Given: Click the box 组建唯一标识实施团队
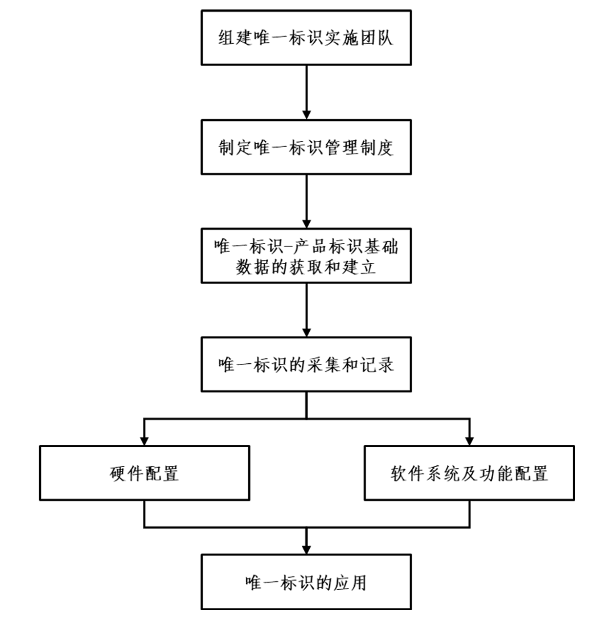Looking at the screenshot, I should [x=306, y=37].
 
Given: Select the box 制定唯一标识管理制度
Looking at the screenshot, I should [x=306, y=147].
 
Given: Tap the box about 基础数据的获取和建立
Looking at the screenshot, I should [x=306, y=256].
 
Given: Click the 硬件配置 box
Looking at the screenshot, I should [x=144, y=473].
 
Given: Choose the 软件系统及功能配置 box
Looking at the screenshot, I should [x=469, y=473].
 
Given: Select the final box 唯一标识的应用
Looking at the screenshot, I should [x=306, y=582].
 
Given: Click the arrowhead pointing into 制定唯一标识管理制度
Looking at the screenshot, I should [x=306, y=114].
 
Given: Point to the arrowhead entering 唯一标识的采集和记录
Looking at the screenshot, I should [x=306, y=332].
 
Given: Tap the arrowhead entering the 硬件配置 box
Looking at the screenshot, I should [x=144, y=440].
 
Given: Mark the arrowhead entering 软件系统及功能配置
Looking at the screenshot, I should [x=469, y=440].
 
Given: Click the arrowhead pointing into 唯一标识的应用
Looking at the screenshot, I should [x=306, y=549].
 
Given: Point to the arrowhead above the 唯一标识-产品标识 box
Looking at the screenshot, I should [x=306, y=224].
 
